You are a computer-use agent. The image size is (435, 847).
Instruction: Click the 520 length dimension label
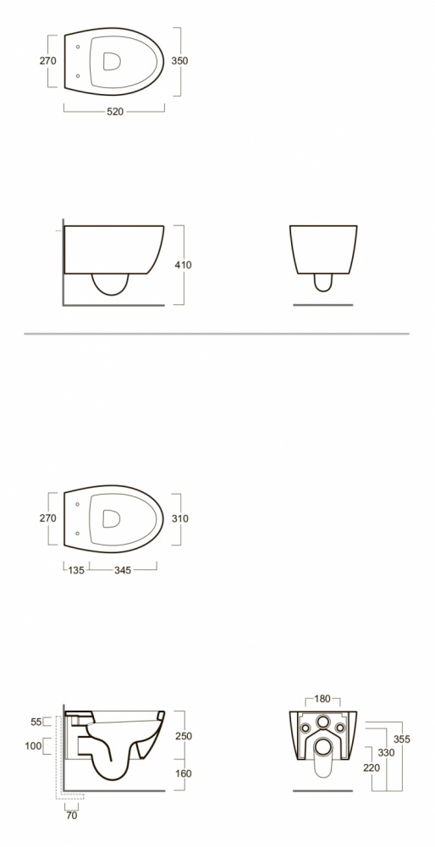115,112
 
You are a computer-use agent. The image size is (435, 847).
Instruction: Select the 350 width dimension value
179,61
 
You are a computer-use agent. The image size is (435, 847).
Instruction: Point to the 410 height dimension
183,265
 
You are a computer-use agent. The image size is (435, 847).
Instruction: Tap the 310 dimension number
180,518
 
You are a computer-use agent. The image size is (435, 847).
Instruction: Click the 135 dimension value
76,570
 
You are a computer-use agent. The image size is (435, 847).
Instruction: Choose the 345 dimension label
123,570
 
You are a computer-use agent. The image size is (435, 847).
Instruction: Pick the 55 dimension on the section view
36,722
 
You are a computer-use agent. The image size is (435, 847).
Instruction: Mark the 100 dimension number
33,746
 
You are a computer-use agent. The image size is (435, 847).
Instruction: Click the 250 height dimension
184,736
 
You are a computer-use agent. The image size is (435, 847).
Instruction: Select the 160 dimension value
184,773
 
